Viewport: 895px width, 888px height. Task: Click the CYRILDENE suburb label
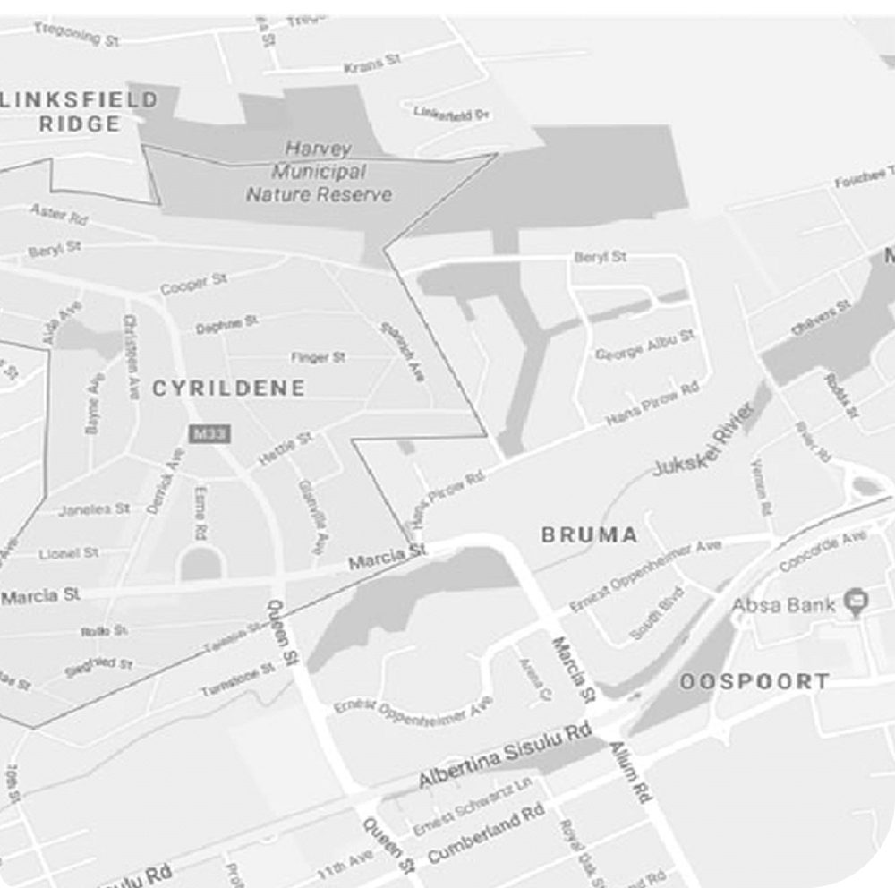[228, 388]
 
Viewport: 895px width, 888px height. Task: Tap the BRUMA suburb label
[590, 535]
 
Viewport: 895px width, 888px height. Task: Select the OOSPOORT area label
[754, 682]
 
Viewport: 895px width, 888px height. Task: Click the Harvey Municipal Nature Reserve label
[319, 171]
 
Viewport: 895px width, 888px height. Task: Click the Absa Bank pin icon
[857, 602]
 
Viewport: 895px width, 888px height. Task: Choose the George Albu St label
[644, 344]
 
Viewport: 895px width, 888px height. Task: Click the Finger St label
[318, 358]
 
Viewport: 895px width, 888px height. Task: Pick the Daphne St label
[227, 323]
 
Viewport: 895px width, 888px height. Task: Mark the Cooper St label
[193, 285]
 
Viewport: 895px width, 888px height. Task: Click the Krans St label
[372, 64]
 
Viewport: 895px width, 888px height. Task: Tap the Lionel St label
[69, 553]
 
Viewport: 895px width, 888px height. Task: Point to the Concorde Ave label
[823, 551]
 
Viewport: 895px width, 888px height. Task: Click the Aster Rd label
[58, 215]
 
